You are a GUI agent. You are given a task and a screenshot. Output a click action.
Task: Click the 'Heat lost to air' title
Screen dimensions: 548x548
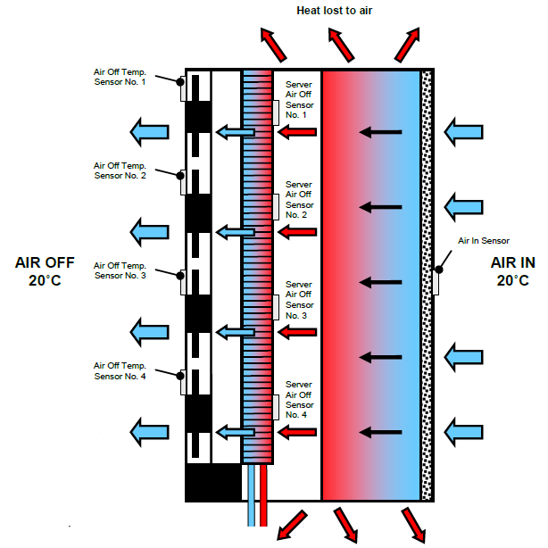[347, 11]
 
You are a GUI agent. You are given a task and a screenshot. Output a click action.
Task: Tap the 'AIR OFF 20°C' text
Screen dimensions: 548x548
[45, 272]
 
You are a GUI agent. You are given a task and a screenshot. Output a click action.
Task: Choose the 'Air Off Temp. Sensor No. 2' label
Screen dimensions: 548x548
[125, 170]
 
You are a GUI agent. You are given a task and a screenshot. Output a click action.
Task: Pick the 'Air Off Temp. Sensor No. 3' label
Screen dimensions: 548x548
[125, 270]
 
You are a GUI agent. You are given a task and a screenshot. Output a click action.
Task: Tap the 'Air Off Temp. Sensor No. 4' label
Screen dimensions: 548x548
[125, 369]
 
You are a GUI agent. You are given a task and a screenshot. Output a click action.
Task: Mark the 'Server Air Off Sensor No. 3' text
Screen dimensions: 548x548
[298, 300]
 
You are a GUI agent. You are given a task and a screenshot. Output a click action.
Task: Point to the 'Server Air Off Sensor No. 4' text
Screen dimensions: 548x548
[298, 400]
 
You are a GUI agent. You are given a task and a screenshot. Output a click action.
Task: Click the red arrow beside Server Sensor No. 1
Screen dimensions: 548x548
[297, 132]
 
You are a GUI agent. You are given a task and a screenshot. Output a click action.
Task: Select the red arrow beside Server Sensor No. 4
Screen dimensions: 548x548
[297, 433]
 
